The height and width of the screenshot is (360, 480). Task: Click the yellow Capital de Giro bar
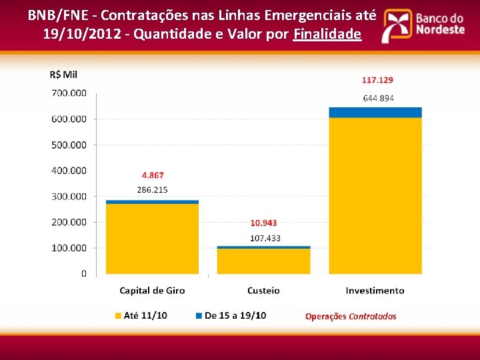click(x=152, y=239)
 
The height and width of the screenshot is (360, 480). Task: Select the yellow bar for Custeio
click(x=263, y=261)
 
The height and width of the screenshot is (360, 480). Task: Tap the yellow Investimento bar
click(x=375, y=195)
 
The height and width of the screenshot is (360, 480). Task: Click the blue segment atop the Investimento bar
click(x=375, y=112)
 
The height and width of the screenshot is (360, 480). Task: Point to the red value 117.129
click(x=377, y=80)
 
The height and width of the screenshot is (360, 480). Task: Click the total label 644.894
click(x=378, y=98)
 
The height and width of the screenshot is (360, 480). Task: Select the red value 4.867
click(x=153, y=175)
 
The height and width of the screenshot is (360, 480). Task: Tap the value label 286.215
click(x=153, y=190)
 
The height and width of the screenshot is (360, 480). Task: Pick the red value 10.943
click(x=263, y=223)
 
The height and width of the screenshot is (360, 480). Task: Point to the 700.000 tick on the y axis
click(x=69, y=93)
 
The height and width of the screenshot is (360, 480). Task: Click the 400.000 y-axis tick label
click(x=69, y=171)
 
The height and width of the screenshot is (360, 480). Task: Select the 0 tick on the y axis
click(x=83, y=273)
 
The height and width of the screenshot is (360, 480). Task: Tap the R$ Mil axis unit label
click(x=63, y=75)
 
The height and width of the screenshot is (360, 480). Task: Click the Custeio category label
click(x=263, y=291)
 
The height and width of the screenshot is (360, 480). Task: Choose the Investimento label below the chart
click(x=375, y=291)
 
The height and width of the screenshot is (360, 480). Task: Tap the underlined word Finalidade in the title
click(x=327, y=35)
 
